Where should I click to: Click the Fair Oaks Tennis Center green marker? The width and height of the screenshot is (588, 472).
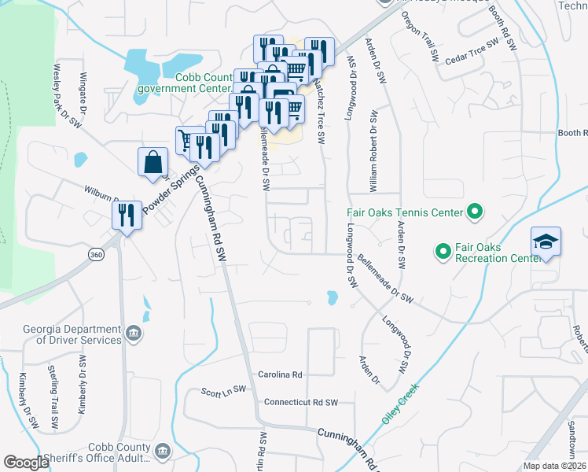click(x=474, y=212)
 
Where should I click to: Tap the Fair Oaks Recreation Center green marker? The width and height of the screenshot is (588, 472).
click(x=442, y=252)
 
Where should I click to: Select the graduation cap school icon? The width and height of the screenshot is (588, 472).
click(x=546, y=242)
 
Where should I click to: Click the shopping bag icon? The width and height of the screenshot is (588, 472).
click(x=153, y=163)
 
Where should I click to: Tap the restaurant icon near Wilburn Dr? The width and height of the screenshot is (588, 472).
click(x=127, y=214)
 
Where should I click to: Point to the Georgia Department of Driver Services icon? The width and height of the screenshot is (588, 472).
click(x=134, y=334)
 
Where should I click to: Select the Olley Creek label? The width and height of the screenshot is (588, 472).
click(x=401, y=403)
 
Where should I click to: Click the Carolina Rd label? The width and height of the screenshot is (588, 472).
click(x=281, y=375)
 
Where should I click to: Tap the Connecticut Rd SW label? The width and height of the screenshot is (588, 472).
click(x=301, y=403)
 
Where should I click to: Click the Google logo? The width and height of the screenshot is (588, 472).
click(x=26, y=463)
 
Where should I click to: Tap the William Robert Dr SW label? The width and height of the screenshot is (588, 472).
click(x=373, y=150)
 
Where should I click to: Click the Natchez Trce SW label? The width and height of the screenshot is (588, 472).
click(x=319, y=110)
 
